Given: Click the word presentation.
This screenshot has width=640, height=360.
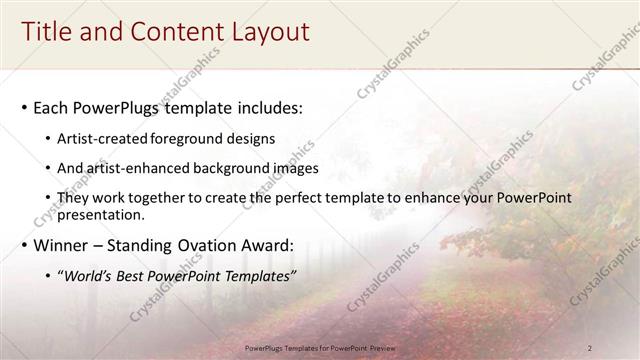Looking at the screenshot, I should tap(107, 215).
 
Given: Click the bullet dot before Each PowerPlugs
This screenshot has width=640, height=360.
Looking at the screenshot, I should tap(22, 107).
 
